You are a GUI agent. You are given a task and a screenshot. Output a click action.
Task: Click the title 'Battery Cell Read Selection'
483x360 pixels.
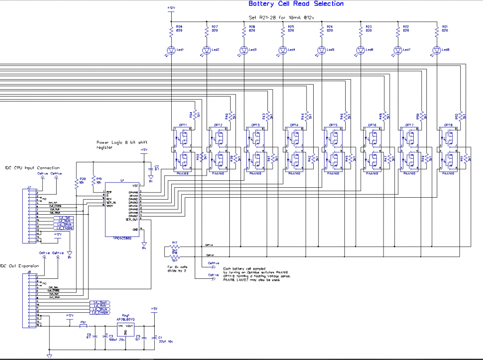tap(296, 4)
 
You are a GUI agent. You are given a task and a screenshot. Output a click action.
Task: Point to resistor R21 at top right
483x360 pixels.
tap(437, 31)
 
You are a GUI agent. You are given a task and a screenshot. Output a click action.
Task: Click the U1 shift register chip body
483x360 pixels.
tap(122, 209)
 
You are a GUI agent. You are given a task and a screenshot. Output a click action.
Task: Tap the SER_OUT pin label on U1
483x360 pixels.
tap(132, 220)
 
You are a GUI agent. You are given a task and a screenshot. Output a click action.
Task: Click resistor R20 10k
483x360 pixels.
tap(76, 183)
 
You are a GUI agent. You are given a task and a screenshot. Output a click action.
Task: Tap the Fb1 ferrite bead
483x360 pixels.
tap(84, 326)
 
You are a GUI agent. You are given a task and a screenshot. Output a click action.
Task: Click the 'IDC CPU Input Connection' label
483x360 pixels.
tap(32, 167)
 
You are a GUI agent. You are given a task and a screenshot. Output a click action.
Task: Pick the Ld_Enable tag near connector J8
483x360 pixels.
tap(100, 312)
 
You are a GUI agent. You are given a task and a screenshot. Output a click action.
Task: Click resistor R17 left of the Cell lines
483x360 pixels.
tap(175, 246)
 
